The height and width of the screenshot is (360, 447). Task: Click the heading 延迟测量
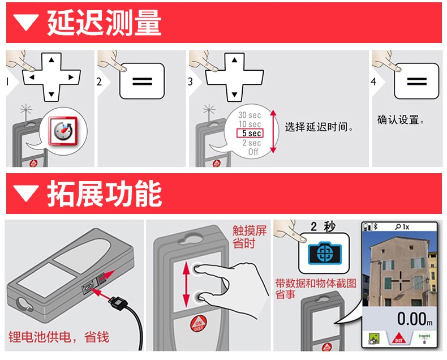click(x=104, y=23)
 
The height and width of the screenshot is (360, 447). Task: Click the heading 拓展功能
click(x=104, y=194)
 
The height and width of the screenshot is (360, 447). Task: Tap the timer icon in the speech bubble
click(x=63, y=131)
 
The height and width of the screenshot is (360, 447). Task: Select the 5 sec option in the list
click(x=250, y=133)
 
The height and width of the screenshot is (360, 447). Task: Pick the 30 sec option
click(x=250, y=115)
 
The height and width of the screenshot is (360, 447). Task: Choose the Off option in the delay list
click(x=253, y=152)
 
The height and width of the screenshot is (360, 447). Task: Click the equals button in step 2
click(x=142, y=82)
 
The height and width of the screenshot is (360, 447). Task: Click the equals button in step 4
click(x=416, y=82)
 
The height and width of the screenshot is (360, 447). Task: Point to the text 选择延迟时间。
click(x=319, y=127)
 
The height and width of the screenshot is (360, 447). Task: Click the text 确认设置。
click(x=401, y=120)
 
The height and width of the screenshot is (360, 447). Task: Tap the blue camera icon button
click(x=324, y=253)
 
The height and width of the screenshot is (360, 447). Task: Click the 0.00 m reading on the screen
click(x=415, y=319)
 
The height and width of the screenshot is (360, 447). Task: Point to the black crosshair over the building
click(x=401, y=281)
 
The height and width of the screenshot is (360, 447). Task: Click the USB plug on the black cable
click(x=117, y=302)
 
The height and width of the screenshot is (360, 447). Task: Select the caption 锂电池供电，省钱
click(x=59, y=337)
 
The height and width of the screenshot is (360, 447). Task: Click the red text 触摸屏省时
click(x=250, y=237)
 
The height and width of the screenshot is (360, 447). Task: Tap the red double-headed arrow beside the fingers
click(x=186, y=284)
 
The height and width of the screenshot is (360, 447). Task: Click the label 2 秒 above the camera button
click(x=323, y=227)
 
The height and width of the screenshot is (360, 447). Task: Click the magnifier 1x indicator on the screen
click(x=402, y=227)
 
